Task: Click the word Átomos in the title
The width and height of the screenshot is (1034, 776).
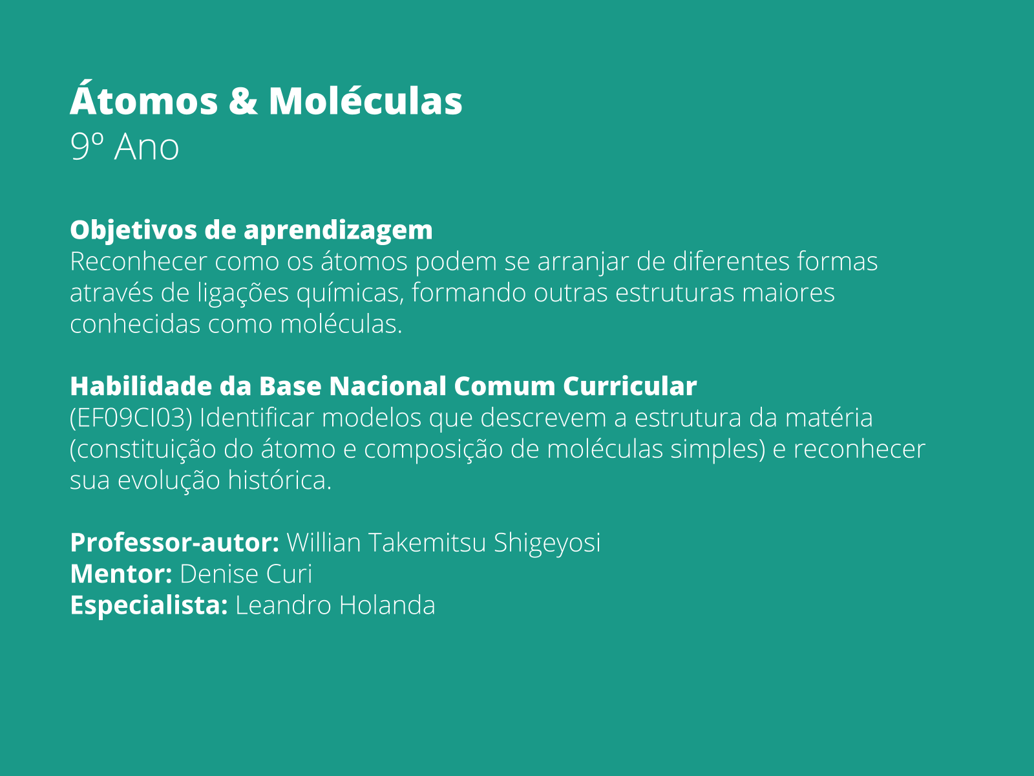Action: (x=143, y=101)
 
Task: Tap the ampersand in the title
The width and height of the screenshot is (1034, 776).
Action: (x=243, y=102)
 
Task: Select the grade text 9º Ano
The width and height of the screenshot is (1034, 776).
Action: (x=125, y=147)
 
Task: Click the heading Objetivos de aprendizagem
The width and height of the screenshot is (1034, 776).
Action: (x=251, y=230)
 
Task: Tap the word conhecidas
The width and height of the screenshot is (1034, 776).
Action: (x=135, y=324)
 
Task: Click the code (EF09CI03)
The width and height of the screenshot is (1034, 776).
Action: (x=131, y=418)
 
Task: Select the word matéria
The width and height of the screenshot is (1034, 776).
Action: (x=828, y=418)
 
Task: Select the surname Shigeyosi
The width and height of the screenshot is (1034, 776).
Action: (x=547, y=543)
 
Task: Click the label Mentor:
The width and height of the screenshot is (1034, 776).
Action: (x=121, y=574)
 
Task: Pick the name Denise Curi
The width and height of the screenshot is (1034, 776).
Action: (x=246, y=574)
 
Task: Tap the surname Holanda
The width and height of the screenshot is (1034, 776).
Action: (x=386, y=605)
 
